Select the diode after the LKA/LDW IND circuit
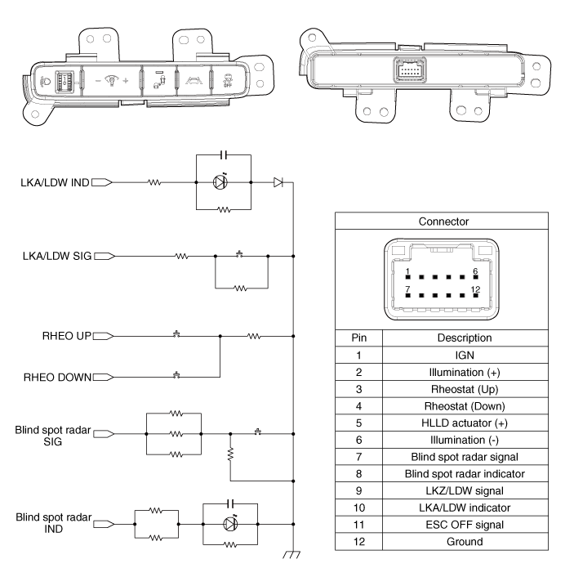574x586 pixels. (x=278, y=182)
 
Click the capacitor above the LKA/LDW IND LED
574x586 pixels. (x=225, y=155)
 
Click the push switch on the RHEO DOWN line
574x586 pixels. (x=177, y=376)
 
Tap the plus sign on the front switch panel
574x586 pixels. (x=125, y=83)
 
